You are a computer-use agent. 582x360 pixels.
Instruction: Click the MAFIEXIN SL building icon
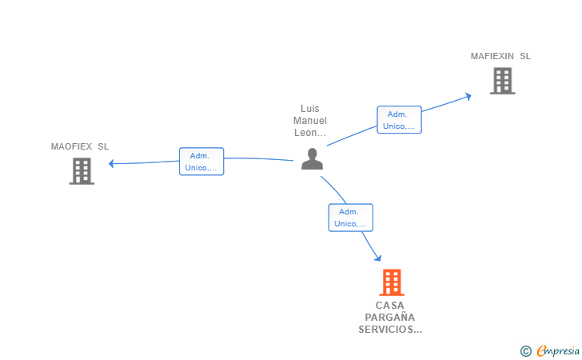click(x=502, y=81)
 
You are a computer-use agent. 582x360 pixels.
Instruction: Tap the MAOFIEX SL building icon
click(x=82, y=171)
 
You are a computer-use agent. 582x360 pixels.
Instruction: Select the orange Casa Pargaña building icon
click(x=392, y=282)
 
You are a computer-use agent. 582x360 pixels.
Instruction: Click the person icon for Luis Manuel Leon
click(x=312, y=159)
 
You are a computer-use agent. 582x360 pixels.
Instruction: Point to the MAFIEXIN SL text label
click(x=500, y=56)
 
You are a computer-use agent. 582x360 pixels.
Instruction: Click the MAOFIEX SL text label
click(x=80, y=146)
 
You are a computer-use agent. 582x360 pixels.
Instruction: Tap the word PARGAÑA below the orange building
click(x=390, y=317)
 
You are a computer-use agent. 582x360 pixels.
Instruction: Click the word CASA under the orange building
click(x=390, y=306)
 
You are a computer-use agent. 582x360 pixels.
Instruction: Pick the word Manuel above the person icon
click(x=310, y=120)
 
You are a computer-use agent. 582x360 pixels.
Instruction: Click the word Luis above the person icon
click(x=310, y=109)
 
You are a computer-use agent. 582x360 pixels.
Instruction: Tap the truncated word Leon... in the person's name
click(x=310, y=133)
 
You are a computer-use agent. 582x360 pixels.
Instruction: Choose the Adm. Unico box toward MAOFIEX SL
click(x=201, y=162)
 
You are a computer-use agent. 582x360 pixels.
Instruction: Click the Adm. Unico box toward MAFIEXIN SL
click(x=400, y=120)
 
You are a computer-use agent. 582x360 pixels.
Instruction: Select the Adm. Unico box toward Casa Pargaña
click(x=351, y=218)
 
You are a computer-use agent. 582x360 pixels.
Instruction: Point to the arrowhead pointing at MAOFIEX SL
click(x=111, y=163)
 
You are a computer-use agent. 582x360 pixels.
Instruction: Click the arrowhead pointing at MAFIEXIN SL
click(x=468, y=97)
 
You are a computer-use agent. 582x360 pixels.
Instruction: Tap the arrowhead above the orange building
click(x=378, y=258)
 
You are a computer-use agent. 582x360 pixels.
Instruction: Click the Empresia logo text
click(x=558, y=350)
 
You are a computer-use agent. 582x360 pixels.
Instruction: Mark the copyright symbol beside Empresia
click(x=526, y=351)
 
